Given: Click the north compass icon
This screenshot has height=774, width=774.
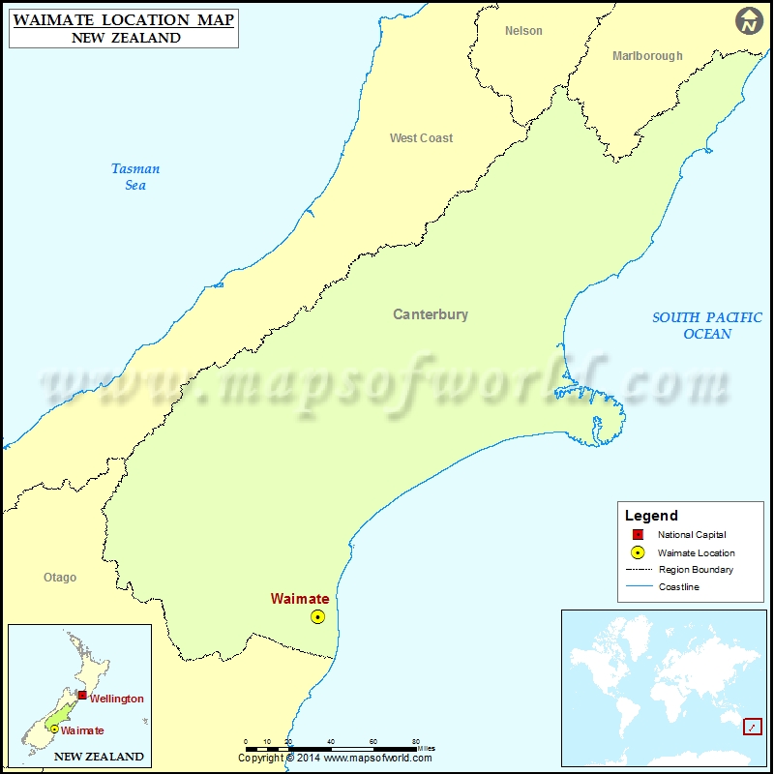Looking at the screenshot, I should click(749, 20).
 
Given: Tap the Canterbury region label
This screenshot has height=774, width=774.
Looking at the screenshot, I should click(431, 314).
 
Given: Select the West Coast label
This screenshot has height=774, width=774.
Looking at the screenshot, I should click(421, 138).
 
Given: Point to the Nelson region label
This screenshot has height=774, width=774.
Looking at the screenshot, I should click(523, 31).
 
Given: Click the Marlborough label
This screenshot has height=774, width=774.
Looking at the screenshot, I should click(647, 56).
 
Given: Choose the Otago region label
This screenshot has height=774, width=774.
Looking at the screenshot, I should click(60, 578).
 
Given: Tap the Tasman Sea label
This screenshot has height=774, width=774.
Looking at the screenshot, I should click(135, 177).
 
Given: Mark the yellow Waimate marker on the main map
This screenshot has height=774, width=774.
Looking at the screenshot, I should click(317, 616).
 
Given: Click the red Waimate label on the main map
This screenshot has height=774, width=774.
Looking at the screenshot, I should click(300, 599).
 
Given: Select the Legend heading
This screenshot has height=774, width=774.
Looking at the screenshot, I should click(651, 516).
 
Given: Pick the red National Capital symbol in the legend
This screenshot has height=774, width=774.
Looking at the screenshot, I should click(638, 535).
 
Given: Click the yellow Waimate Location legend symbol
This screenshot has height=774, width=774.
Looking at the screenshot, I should click(638, 552).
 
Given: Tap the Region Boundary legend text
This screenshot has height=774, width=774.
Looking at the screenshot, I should click(696, 570).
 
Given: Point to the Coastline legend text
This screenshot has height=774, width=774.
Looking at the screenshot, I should click(679, 587).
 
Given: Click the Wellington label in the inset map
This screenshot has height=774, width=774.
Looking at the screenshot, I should click(116, 699).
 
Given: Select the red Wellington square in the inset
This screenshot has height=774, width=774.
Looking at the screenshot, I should click(82, 695).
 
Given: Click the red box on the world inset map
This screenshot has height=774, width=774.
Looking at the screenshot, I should click(752, 726).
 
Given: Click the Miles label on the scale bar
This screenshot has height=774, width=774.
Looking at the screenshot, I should click(426, 748).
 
